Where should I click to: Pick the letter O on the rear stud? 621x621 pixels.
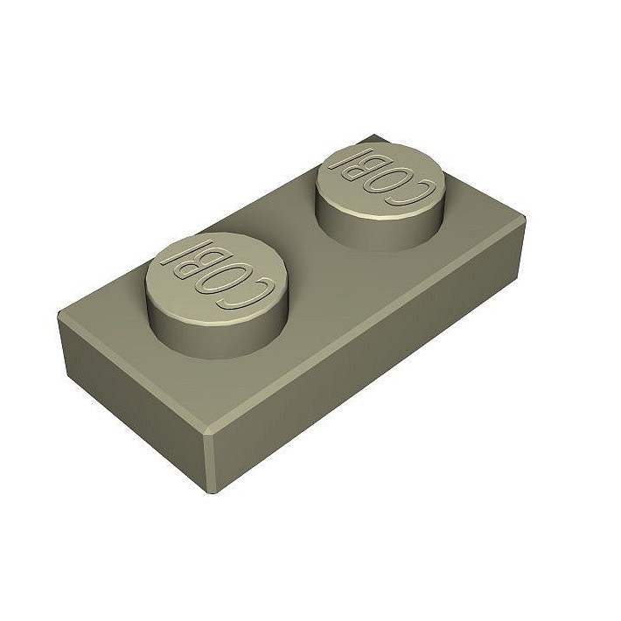coord(384,179)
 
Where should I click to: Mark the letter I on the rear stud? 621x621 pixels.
coord(338,158)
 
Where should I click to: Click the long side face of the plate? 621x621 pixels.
coord(367,367)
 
